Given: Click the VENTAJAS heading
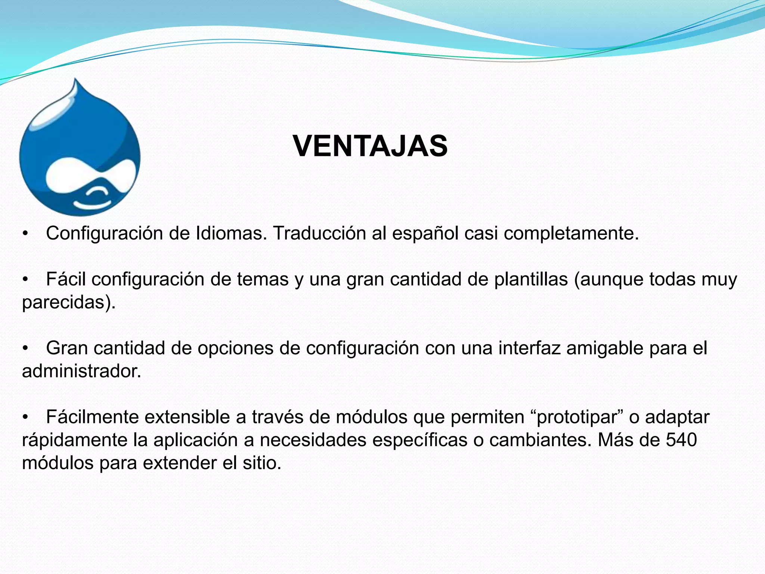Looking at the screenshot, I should [370, 146].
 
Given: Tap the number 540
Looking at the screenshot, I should [682, 440].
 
